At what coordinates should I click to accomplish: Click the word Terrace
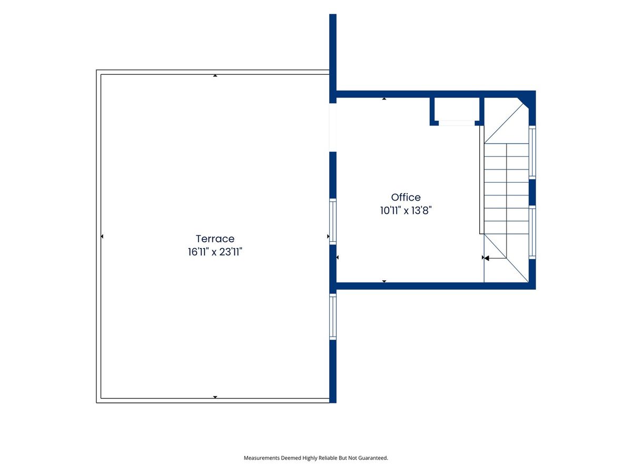click(215, 239)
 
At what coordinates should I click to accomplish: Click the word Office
click(406, 197)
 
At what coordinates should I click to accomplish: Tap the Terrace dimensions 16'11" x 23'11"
click(215, 252)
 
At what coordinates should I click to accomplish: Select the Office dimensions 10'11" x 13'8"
click(406, 210)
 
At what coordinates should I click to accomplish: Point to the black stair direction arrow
click(495, 258)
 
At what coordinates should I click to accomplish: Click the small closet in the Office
click(457, 109)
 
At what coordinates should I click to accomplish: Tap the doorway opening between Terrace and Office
click(332, 127)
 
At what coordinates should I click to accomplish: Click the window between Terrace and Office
click(332, 221)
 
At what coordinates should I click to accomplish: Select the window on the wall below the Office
click(332, 317)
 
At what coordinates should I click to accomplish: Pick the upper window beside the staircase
click(532, 152)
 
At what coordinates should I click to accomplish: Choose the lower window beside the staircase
click(532, 232)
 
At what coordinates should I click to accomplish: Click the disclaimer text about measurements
click(316, 458)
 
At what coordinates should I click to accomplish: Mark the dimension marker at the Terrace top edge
click(215, 76)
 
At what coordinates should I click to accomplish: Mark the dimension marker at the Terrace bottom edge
click(215, 397)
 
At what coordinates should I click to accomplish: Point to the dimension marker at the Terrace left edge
click(102, 236)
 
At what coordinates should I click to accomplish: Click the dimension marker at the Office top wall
click(384, 98)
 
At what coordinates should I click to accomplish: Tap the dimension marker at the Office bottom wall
click(384, 281)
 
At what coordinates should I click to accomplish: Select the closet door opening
click(457, 123)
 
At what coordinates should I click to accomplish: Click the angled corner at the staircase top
click(523, 104)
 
